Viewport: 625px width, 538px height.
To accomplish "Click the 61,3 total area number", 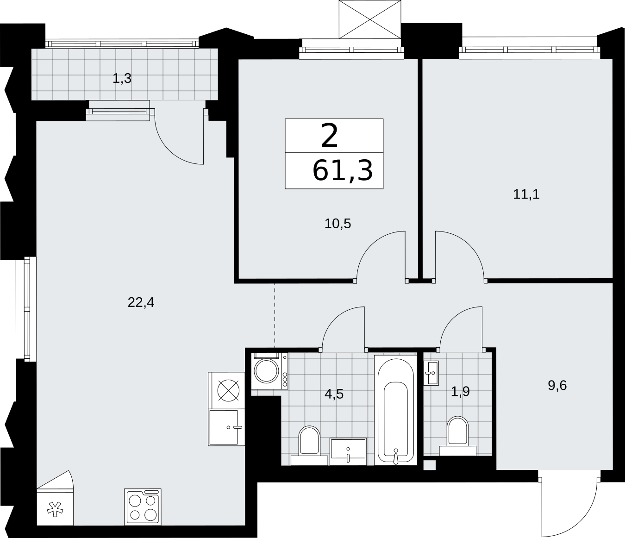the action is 342,170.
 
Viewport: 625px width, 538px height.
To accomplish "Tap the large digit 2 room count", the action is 329,136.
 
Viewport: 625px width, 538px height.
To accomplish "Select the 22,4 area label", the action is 141,302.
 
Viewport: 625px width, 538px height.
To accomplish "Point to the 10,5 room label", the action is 337,224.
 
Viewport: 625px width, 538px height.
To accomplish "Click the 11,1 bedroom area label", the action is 526,194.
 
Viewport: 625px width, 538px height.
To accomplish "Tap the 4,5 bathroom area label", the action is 334,394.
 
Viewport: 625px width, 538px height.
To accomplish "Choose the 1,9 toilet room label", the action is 460,392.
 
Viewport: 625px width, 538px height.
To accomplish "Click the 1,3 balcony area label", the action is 122,79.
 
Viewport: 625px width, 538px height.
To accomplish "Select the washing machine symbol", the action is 269,371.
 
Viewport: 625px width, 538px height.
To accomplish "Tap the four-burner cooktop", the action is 143,507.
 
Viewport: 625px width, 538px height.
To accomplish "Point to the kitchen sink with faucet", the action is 226,427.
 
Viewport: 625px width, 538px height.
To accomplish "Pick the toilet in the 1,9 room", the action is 457,436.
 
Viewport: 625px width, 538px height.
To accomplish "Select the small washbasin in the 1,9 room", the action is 431,373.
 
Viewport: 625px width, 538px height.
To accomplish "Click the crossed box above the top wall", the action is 370,19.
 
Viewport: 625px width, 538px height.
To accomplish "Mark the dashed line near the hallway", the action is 275,316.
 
